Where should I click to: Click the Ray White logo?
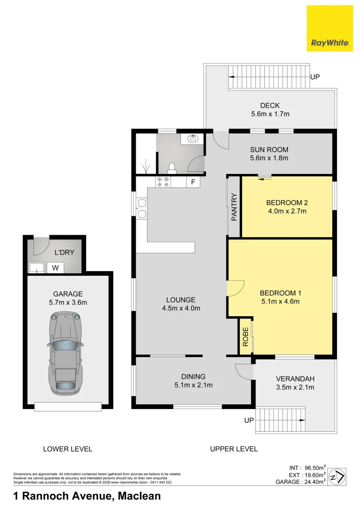click(329, 28)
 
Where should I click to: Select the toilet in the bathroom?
click(172, 167)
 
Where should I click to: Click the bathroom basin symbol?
click(192, 139)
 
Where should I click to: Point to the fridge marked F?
click(192, 182)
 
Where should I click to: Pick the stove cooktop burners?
click(163, 182)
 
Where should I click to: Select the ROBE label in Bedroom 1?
click(245, 337)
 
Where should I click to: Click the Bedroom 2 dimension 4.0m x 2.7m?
click(286, 211)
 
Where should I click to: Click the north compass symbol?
click(337, 476)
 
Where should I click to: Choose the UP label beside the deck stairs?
click(315, 77)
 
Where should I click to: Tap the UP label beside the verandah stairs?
click(249, 419)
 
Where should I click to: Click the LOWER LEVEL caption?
click(67, 449)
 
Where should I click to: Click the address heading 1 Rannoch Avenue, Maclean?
click(87, 496)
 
